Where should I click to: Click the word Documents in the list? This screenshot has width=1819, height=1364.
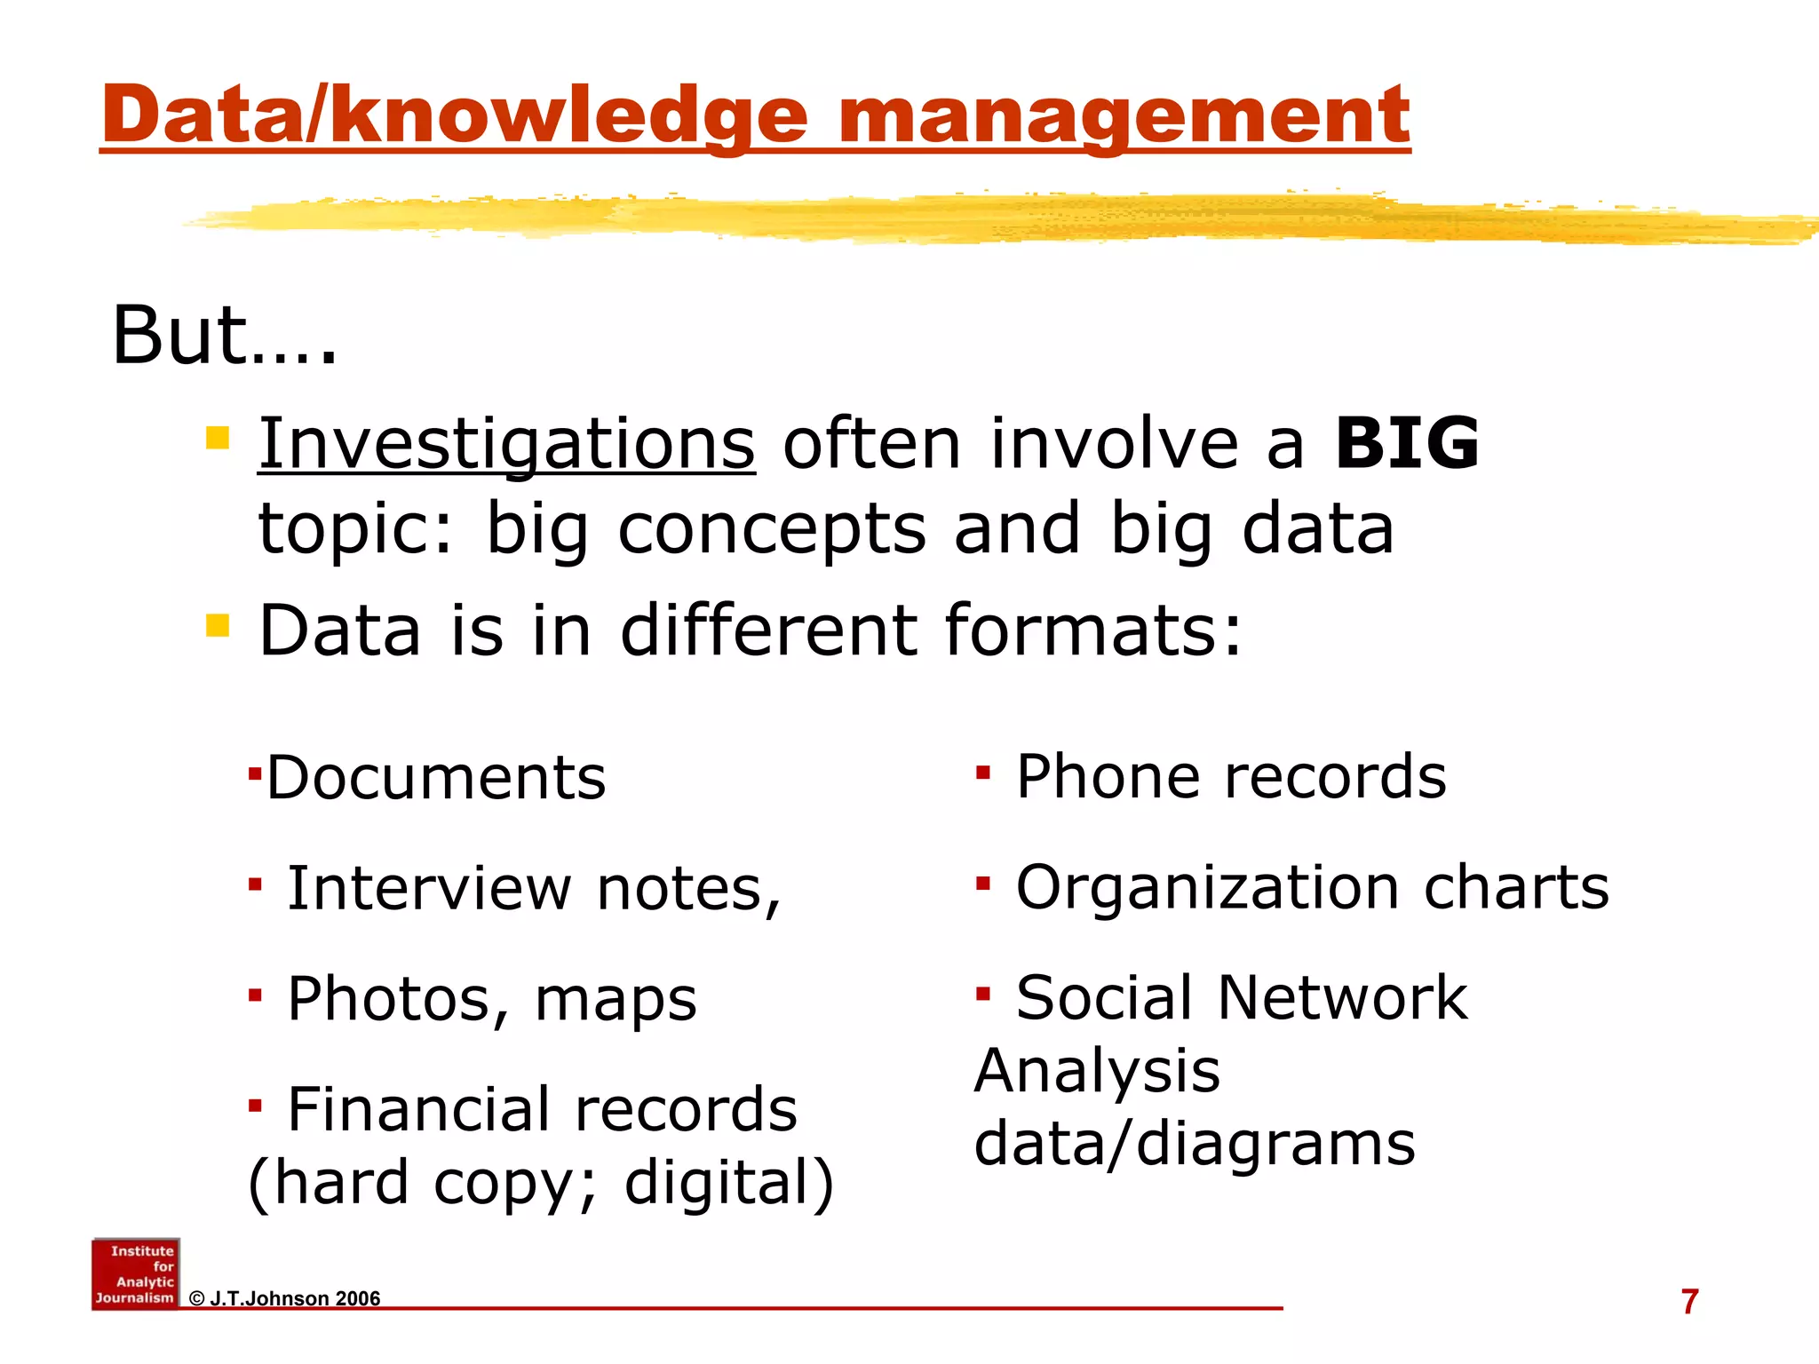pos(436,778)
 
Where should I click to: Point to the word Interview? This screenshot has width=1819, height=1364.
pos(430,888)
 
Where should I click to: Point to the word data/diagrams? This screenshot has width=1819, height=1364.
pos(1195,1144)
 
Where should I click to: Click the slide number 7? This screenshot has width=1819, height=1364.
pos(1689,1302)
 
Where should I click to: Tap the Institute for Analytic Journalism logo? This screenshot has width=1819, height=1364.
pos(136,1274)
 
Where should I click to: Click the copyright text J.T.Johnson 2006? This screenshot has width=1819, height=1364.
pos(285,1299)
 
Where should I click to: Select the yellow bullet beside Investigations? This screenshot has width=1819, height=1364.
pos(218,439)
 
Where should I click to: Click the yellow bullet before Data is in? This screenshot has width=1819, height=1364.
pos(218,625)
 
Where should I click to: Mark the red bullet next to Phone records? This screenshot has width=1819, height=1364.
pos(982,773)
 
